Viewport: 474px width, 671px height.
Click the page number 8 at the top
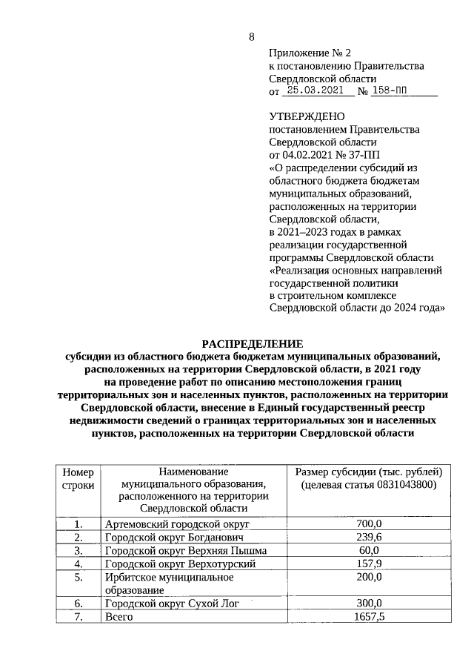251,38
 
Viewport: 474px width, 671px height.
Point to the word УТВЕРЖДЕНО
307,116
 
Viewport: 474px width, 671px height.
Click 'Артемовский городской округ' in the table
170,524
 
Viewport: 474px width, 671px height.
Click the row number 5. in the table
78,576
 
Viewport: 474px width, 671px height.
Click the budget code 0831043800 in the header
400,484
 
